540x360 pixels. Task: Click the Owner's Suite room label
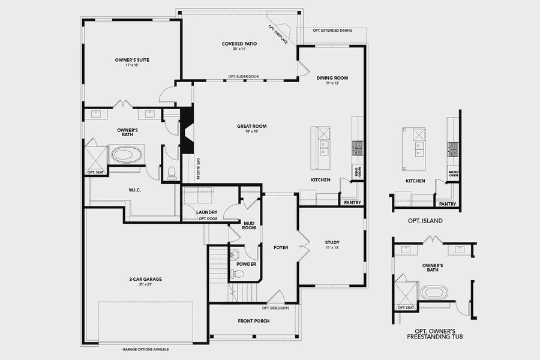pos(132,60)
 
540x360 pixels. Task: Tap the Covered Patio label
pos(239,44)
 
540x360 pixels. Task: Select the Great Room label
pos(251,126)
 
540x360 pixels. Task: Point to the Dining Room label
pos(332,78)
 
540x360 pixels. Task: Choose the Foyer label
pos(281,247)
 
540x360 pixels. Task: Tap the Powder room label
pos(246,263)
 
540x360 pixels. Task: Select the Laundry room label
pos(206,212)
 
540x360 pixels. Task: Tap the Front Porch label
pos(253,321)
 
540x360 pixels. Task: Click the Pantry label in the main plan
pos(352,203)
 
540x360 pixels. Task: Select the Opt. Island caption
pos(425,221)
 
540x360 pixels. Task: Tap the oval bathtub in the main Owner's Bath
pos(125,155)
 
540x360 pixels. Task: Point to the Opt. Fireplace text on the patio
pos(278,35)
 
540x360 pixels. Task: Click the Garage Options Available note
pos(142,349)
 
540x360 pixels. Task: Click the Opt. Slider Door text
pos(244,77)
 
